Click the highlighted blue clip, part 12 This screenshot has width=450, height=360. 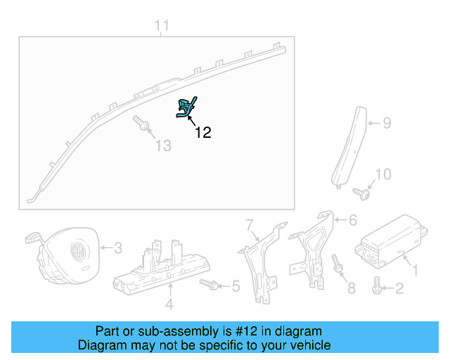click(186, 108)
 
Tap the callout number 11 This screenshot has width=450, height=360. click(162, 27)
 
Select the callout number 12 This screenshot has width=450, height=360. click(202, 132)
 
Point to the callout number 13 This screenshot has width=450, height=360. click(163, 146)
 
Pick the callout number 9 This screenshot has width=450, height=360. click(387, 124)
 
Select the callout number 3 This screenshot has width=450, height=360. click(118, 247)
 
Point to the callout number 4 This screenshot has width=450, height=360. click(169, 304)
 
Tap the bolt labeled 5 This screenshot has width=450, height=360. click(209, 284)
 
